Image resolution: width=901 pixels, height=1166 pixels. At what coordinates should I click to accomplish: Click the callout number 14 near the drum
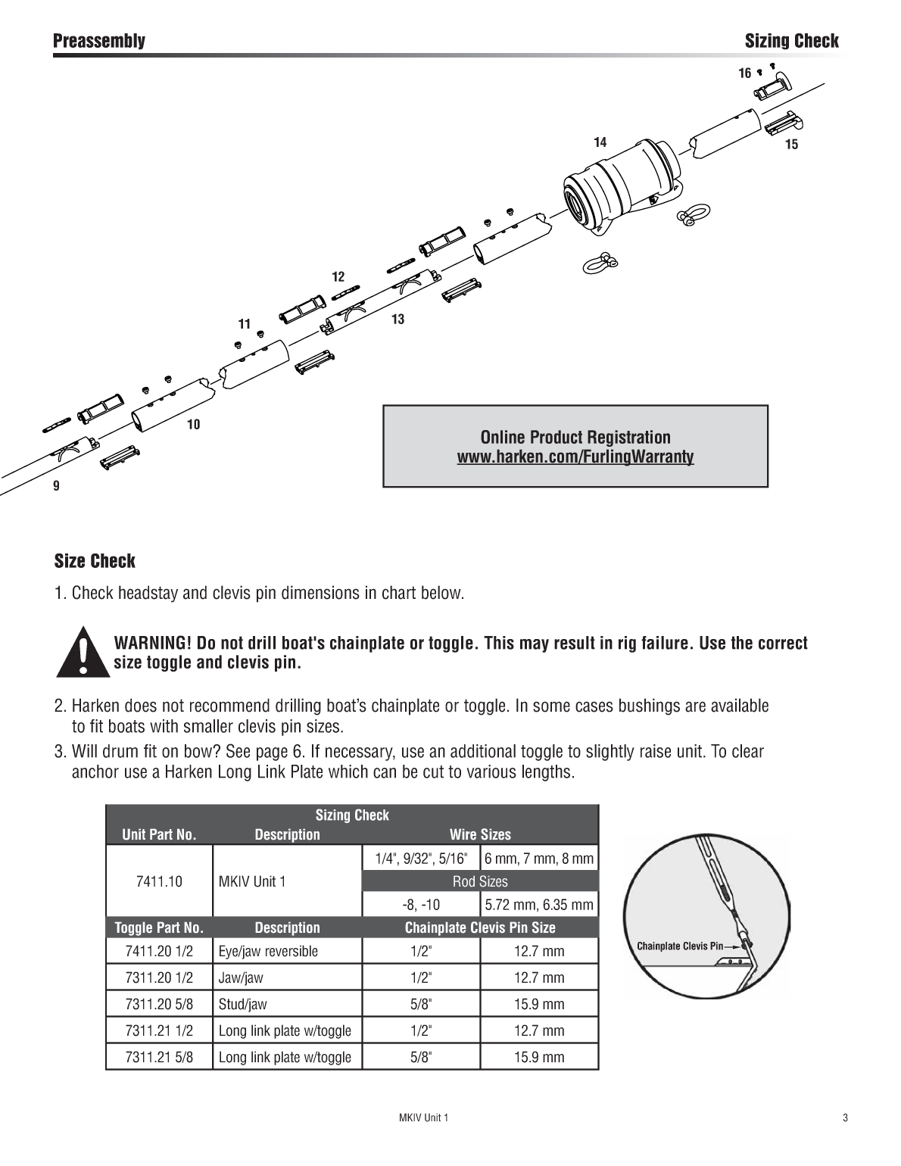click(x=600, y=142)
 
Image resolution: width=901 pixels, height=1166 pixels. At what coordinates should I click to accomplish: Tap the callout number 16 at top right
click(x=745, y=73)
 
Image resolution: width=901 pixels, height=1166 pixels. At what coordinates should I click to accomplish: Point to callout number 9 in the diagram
click(x=56, y=486)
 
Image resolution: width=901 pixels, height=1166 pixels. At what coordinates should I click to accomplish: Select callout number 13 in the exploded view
click(x=397, y=320)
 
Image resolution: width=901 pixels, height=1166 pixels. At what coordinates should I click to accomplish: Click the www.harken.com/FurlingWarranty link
click(x=575, y=457)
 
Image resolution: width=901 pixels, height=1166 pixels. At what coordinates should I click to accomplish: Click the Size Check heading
click(x=95, y=561)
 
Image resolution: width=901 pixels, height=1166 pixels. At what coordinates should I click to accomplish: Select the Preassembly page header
click(x=99, y=41)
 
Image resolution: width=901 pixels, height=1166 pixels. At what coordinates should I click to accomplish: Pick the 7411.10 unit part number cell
click(x=159, y=881)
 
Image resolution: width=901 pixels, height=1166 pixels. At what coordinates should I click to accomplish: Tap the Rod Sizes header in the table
click(x=480, y=881)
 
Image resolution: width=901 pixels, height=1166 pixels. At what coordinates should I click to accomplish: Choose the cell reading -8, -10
click(x=421, y=905)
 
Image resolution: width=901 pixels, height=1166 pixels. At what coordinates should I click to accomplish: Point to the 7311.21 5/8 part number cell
click(x=159, y=1057)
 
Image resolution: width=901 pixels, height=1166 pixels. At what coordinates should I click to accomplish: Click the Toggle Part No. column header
click(x=159, y=927)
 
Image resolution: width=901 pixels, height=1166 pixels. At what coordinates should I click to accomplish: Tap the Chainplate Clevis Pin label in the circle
click(x=680, y=946)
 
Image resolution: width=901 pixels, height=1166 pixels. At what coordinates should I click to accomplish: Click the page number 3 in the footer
click(x=845, y=1118)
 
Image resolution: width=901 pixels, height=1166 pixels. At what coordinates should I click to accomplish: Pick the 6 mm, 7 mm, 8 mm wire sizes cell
click(x=539, y=859)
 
